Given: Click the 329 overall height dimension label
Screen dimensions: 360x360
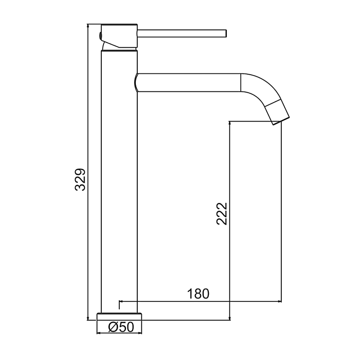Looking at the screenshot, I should pos(80,180).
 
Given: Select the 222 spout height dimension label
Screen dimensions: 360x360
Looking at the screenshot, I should pos(222,214).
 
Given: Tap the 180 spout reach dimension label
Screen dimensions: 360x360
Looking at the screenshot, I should pos(198,294).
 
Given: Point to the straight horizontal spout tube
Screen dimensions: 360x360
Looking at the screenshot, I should pos(189,82).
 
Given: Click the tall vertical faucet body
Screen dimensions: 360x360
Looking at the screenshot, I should pos(119,180).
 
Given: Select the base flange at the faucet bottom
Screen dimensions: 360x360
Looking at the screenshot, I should pos(120,316).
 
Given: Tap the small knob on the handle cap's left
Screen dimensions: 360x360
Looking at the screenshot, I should pos(99,36).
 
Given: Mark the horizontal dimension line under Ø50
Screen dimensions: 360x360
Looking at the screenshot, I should pos(120,333).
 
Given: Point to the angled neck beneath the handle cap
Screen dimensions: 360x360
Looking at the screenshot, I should pos(108,45).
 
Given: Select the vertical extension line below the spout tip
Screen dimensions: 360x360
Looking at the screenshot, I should pos(281,211).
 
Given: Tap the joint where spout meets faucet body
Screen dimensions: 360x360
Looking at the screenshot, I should pos(136,82).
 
